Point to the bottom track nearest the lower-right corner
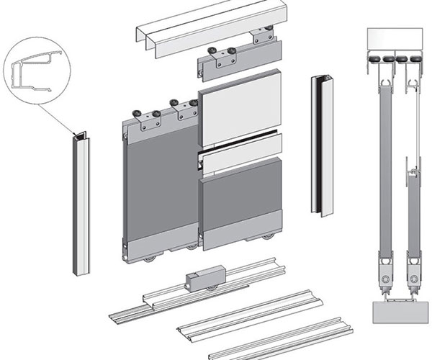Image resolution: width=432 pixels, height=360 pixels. (x=288, y=338)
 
